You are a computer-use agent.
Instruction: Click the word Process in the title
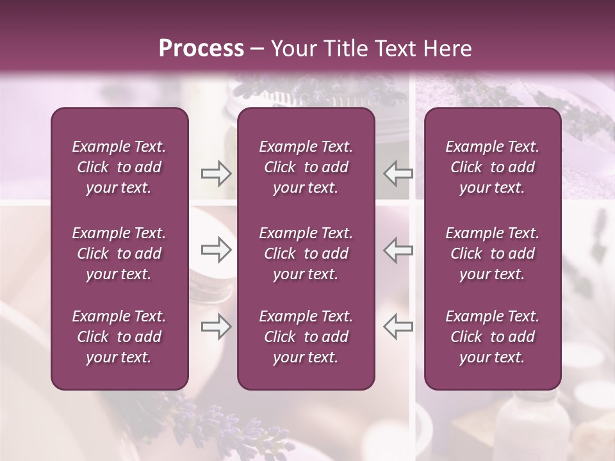pos(201,49)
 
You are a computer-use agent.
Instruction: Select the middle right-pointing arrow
pos(217,250)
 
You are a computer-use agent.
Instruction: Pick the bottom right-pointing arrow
pos(217,327)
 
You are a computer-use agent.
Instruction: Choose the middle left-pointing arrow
pos(398,250)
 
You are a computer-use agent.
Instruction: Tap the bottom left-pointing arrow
pos(398,327)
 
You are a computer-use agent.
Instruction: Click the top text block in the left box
pos(119,167)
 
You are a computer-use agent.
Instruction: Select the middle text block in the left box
pos(119,254)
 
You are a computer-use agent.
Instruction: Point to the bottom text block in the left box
pos(119,337)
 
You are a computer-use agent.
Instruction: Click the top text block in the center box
pos(306,167)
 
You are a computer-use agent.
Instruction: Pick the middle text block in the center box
pos(306,254)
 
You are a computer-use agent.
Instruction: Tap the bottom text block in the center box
pos(306,337)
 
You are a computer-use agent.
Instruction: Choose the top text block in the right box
pos(492,167)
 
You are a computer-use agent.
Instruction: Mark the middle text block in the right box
pos(492,254)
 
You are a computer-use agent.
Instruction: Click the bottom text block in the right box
pos(492,337)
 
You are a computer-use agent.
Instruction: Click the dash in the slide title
pos(257,49)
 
